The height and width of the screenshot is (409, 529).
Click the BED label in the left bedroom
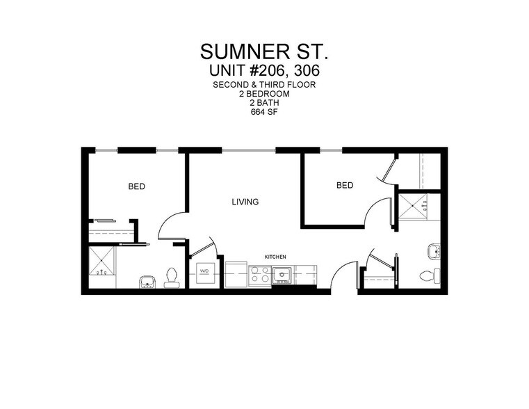(136, 186)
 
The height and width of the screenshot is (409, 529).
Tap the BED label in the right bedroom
(345, 185)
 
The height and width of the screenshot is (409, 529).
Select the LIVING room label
(245, 202)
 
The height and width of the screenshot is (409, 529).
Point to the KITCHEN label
(275, 257)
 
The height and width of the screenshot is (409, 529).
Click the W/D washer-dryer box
(206, 272)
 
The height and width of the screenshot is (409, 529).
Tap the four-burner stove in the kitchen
(259, 275)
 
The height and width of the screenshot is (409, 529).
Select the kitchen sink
(282, 276)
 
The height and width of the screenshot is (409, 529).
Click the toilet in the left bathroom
(172, 278)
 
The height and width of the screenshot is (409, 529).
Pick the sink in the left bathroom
(147, 281)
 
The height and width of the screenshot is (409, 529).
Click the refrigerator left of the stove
(235, 272)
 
